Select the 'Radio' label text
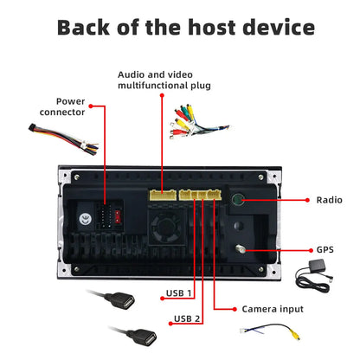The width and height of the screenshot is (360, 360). (x=328, y=199)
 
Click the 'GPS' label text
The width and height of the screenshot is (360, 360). (x=324, y=249)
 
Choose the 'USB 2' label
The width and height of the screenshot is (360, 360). (x=188, y=318)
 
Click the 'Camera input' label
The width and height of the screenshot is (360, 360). (x=274, y=308)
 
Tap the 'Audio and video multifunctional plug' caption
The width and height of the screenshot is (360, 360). (x=164, y=80)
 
